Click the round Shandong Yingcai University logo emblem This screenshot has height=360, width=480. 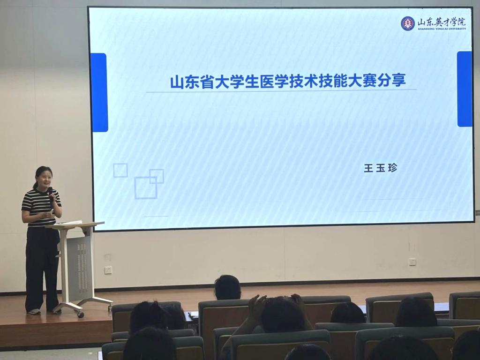point(408,23)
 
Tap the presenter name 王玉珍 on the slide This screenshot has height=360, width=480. point(381,168)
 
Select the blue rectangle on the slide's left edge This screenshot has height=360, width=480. point(99,92)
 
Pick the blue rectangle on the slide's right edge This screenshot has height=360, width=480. point(465,89)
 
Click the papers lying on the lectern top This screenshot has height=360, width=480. point(70,223)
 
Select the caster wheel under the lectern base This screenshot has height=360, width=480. point(81,314)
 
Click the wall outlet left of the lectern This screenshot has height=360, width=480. point(108,270)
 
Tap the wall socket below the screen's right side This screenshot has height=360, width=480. point(412,262)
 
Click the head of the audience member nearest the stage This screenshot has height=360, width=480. point(227,287)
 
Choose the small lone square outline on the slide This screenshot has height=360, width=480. point(120,171)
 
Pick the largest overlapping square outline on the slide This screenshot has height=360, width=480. point(146,187)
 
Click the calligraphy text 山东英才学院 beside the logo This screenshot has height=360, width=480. point(442,22)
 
